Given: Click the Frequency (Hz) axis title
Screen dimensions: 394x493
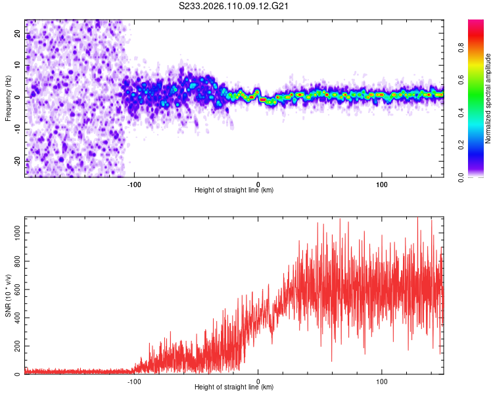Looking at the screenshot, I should click(8, 98).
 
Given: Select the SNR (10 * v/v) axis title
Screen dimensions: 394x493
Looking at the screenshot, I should click(8, 296).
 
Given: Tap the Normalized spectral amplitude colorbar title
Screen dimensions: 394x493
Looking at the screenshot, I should click(488, 98).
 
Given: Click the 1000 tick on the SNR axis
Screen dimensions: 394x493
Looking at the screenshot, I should click(13, 232).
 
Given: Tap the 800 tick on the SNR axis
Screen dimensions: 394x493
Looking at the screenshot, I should click(15, 261).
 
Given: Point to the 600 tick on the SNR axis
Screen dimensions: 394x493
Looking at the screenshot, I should click(15, 289).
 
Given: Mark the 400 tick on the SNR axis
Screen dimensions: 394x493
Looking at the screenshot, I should click(15, 317).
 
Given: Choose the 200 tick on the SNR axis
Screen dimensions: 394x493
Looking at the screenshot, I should click(15, 345).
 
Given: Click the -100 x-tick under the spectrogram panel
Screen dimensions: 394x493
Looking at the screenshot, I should click(135, 183).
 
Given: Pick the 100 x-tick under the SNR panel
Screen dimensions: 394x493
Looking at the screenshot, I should click(381, 380).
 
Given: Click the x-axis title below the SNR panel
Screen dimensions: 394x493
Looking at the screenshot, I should click(234, 387).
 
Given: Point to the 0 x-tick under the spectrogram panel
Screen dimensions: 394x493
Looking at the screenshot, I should click(258, 183).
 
